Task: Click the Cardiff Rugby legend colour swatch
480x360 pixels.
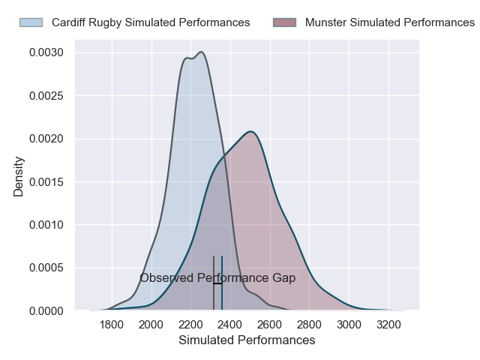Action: point(31,22)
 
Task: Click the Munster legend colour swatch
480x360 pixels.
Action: point(285,22)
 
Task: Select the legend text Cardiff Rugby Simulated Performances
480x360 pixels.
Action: point(151,22)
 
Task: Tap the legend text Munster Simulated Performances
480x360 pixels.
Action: point(390,22)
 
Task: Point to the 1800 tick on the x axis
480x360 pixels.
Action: point(112,325)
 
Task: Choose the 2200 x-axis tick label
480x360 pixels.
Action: point(190,325)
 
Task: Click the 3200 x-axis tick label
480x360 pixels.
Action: point(388,325)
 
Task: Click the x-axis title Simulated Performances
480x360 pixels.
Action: point(247,340)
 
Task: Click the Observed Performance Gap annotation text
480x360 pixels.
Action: point(217,278)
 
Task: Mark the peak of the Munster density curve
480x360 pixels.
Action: point(251,132)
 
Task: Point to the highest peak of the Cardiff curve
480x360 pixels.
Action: point(201,52)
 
